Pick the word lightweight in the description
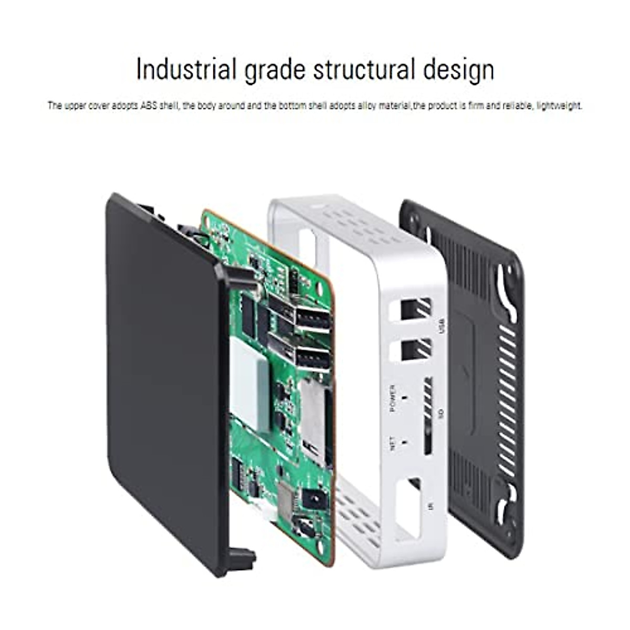coord(560,106)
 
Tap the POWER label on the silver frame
coord(393,398)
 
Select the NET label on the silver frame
coord(393,444)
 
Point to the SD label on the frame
coord(441,414)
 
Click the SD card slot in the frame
coord(427,415)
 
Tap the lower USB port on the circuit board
coord(312,360)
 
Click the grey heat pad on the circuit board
coord(249,383)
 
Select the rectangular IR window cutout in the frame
coord(408,507)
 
